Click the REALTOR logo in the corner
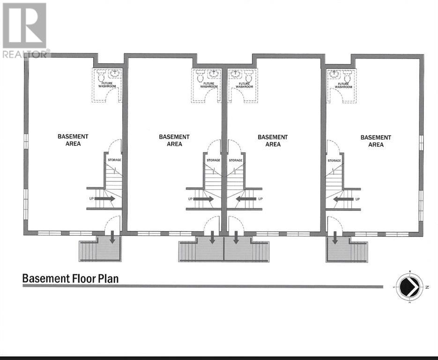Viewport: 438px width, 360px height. click(x=24, y=30)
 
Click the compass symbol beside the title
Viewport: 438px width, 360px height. click(x=409, y=286)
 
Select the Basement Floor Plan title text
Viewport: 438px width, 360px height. click(x=70, y=278)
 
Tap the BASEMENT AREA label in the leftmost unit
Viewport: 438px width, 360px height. click(x=73, y=140)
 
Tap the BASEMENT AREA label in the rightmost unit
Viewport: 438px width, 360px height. click(x=376, y=141)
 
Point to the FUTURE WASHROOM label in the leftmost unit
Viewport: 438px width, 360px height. click(x=107, y=85)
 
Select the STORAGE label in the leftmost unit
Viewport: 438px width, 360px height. click(x=114, y=160)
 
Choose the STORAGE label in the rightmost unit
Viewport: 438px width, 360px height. click(x=334, y=161)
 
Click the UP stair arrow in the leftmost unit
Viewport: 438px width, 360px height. click(x=105, y=199)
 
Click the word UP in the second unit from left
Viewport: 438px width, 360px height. click(x=190, y=199)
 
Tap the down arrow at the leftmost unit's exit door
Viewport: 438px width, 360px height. click(x=113, y=240)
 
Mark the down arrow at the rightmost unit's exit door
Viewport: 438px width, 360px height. click(x=335, y=240)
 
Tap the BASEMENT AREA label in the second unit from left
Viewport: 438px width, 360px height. click(x=174, y=140)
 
